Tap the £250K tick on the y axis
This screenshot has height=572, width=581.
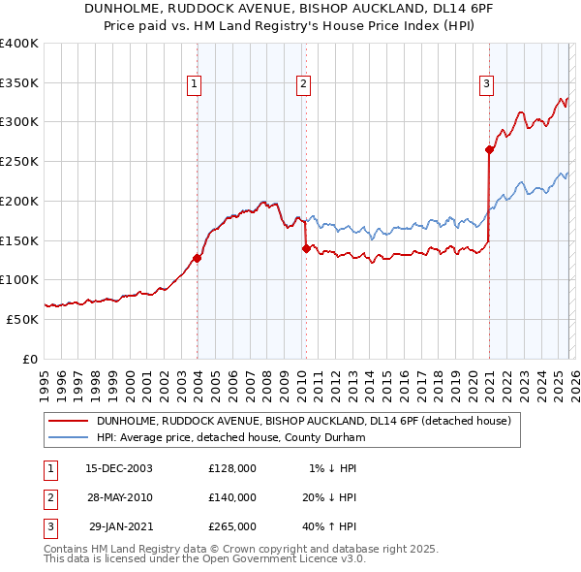(19, 161)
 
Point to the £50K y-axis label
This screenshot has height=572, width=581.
(22, 319)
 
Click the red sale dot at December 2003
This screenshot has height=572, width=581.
(198, 258)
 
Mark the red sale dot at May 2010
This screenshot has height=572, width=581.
(307, 248)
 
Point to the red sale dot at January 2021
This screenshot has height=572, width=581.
(489, 149)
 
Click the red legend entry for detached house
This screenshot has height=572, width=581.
(309, 421)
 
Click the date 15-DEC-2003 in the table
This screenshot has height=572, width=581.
(119, 468)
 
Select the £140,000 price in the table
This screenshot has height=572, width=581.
(232, 497)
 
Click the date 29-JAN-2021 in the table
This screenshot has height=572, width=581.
(120, 526)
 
